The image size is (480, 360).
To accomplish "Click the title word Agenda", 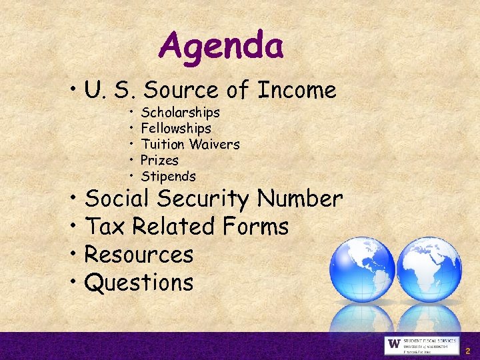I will point(221,46).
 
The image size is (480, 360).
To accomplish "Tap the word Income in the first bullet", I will point(297,89).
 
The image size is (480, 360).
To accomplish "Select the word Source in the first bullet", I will point(185,89).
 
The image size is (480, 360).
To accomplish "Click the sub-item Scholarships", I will point(180,112).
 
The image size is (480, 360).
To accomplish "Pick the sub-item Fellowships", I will point(176,128).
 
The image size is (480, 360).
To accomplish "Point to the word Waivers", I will point(214,144).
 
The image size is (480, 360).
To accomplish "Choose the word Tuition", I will point(163,144).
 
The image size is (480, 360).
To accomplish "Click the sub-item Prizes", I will point(159,160).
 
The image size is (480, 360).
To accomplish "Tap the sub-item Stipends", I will point(168,176).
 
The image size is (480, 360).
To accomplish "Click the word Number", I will point(300,199).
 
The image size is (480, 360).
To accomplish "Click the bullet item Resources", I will point(139,255).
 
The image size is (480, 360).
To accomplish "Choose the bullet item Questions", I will point(139,283).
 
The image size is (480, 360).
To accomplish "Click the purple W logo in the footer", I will point(393,345).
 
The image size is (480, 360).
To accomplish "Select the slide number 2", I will point(468,350).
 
